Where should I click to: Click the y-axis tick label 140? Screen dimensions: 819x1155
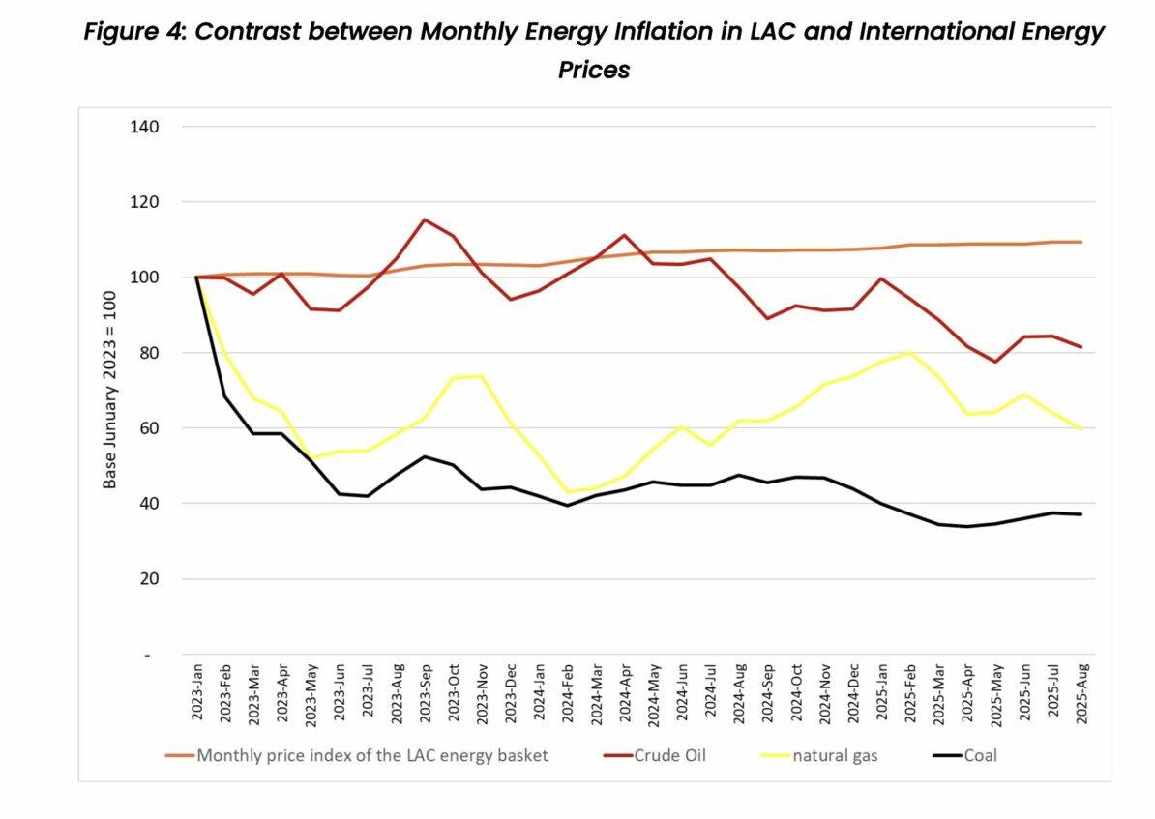143,127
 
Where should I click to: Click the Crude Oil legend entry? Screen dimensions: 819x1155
670,755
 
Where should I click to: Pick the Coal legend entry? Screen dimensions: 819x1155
980,755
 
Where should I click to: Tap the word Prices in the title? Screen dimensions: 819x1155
594,71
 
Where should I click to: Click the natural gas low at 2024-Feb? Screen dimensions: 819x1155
568,492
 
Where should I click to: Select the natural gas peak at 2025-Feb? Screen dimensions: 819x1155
910,353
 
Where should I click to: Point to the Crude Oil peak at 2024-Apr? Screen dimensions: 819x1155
625,235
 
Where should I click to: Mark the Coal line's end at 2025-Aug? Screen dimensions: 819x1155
1081,514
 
